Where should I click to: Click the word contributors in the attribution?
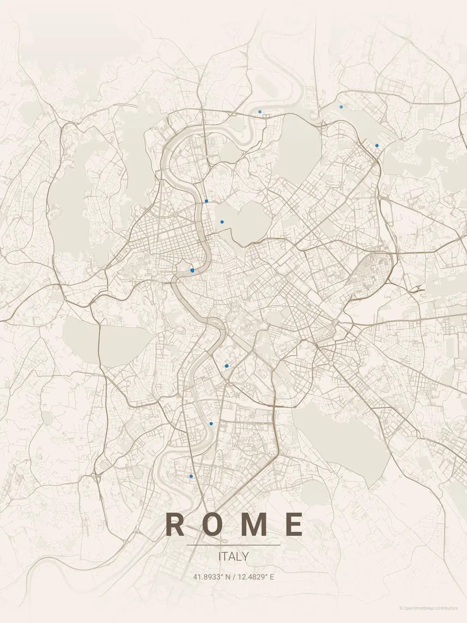pyautogui.click(x=446, y=608)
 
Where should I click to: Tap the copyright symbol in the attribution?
pyautogui.click(x=401, y=608)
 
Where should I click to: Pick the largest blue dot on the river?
pyautogui.click(x=192, y=270)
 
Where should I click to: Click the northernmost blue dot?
pyautogui.click(x=341, y=107)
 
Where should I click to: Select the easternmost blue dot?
pyautogui.click(x=377, y=146)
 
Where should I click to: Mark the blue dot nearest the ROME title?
pyautogui.click(x=191, y=476)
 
